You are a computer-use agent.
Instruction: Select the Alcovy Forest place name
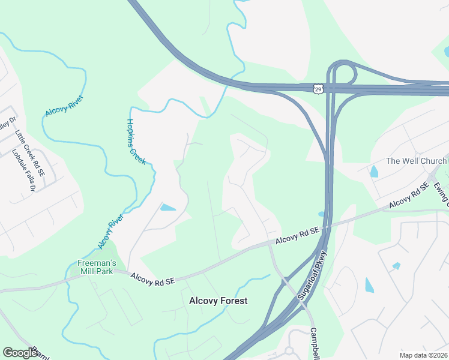click(x=218, y=301)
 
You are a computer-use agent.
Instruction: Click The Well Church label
click(x=416, y=161)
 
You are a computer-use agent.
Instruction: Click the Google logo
click(x=20, y=353)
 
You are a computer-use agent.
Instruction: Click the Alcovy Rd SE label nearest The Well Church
click(x=408, y=196)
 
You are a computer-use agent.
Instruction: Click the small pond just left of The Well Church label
click(x=375, y=172)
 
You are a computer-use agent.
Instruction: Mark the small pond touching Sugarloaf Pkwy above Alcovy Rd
click(x=322, y=214)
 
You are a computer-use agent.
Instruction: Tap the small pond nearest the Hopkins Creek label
click(x=167, y=208)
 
